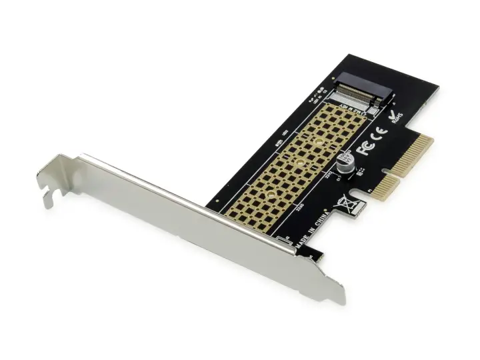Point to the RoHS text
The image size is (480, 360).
click(x=397, y=119)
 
